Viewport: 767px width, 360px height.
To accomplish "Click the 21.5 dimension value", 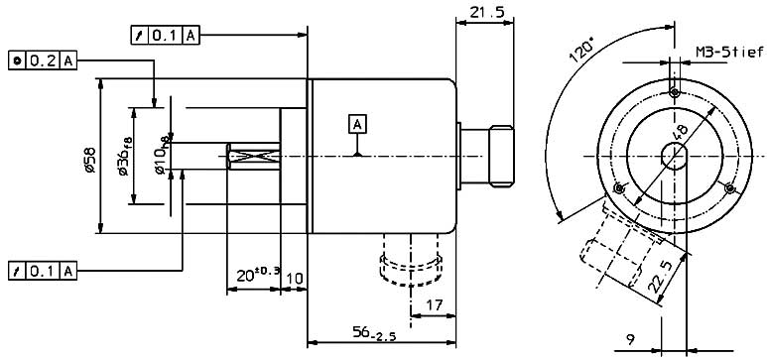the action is (487, 12).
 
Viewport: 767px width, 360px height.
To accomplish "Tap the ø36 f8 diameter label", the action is (125, 156).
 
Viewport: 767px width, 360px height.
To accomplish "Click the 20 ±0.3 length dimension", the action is (258, 275).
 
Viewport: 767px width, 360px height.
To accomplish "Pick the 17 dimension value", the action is (433, 305).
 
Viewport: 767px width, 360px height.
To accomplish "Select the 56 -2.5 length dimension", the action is (374, 334).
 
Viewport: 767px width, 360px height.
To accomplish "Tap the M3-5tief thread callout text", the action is (729, 51).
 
